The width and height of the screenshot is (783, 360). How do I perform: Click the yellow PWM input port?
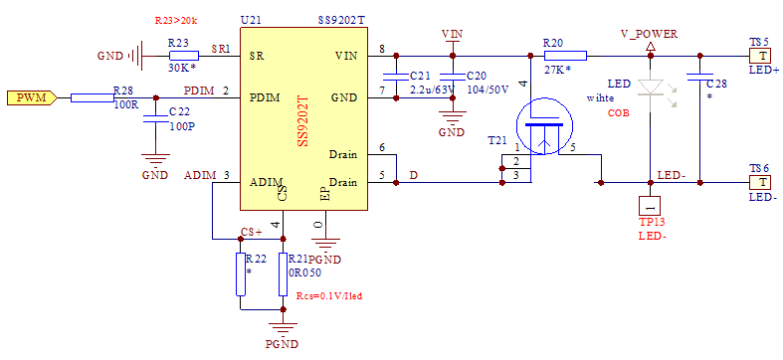(36, 97)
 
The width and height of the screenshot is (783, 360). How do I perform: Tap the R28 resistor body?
(92, 97)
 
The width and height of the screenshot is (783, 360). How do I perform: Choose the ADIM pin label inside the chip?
(266, 182)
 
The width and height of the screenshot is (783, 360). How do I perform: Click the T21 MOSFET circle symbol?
(542, 127)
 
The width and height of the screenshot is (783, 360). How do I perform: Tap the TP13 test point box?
(650, 204)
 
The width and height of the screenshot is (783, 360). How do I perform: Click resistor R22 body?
(240, 273)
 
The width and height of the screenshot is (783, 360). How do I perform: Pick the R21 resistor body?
(284, 273)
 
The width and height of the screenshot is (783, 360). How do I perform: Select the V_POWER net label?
(649, 34)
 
